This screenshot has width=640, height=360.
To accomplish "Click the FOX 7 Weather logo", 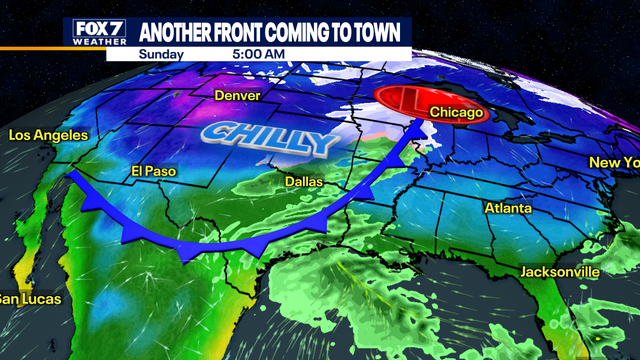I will tap(100, 32).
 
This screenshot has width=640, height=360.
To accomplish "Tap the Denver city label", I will tap(238, 96).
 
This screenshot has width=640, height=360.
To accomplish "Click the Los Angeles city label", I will tap(48, 135).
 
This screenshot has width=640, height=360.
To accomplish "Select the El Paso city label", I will tap(153, 171).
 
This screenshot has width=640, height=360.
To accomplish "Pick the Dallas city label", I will tap(300, 180).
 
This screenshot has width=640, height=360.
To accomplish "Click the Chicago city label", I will tap(457, 113).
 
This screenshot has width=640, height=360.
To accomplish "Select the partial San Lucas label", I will tap(30, 299).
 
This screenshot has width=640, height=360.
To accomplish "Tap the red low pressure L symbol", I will tap(407, 101).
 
